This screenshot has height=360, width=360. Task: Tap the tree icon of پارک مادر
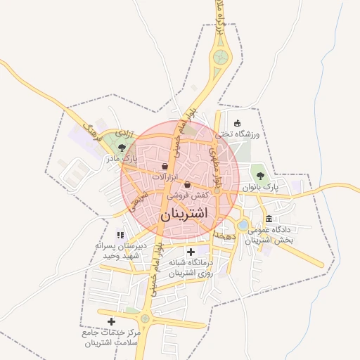[x=123, y=148]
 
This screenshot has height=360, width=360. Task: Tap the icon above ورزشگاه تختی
[x=237, y=124]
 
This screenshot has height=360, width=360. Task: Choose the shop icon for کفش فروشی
[x=187, y=184]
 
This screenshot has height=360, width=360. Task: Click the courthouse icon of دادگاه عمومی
[x=269, y=220]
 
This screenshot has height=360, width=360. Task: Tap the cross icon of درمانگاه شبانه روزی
[x=191, y=252]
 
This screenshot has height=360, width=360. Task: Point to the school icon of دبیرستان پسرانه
[x=120, y=235]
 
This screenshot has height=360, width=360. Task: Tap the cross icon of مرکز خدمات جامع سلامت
[x=111, y=321]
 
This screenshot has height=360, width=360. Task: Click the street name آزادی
[x=124, y=131]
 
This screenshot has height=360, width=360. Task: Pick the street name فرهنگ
[x=92, y=129]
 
